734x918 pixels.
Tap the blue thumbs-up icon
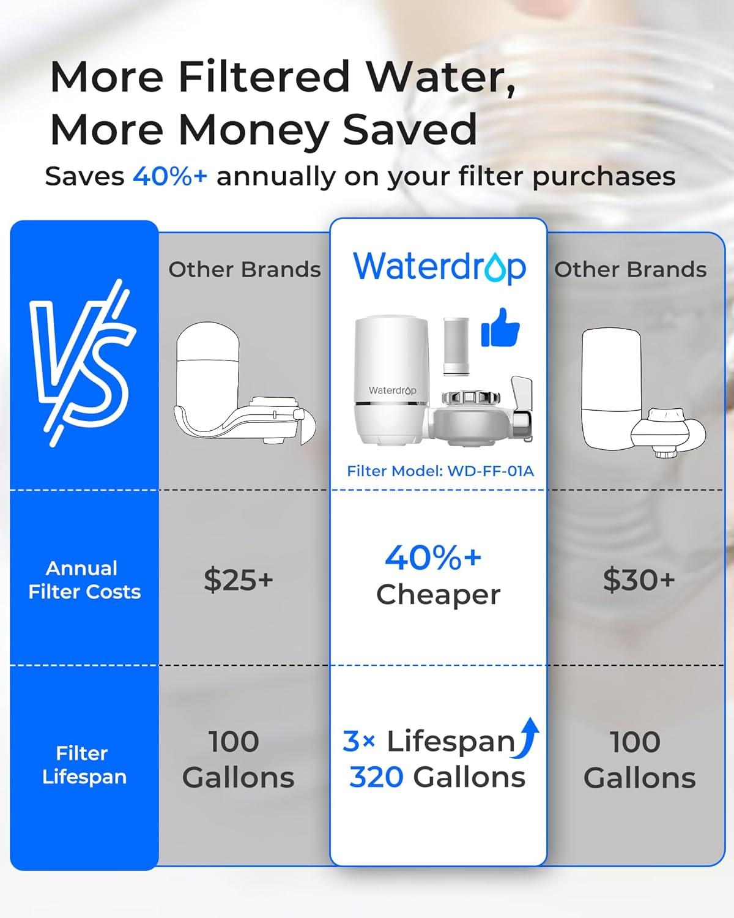[x=500, y=328]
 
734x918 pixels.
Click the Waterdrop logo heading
[x=439, y=267]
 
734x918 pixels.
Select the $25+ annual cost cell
[x=238, y=579]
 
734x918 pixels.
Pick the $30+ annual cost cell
[x=639, y=579]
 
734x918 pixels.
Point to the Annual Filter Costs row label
[x=84, y=580]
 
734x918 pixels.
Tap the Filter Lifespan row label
[x=84, y=764]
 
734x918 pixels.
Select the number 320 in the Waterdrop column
[x=376, y=777]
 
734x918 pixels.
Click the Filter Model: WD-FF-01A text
[x=440, y=471]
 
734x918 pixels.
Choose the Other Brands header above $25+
[x=244, y=269]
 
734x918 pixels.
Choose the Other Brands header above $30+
[x=630, y=269]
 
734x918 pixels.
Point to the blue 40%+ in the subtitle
[x=169, y=176]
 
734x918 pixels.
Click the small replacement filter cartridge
[x=456, y=345]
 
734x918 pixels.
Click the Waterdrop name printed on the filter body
[x=392, y=390]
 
